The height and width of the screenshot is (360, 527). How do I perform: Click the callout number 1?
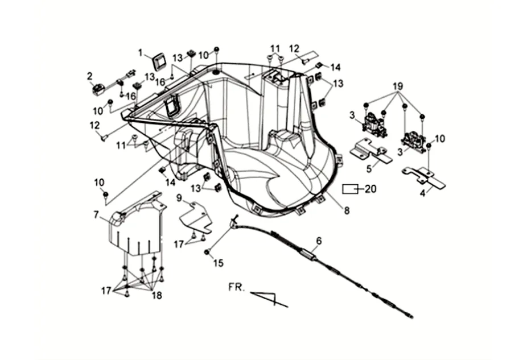click(x=141, y=52)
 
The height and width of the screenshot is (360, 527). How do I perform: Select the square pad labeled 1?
click(x=157, y=59)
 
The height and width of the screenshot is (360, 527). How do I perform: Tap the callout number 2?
click(x=90, y=76)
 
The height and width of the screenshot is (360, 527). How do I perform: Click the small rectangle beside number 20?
click(x=350, y=189)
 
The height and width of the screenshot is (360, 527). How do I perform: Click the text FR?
click(x=236, y=288)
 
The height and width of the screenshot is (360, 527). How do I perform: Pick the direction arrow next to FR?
click(x=270, y=298)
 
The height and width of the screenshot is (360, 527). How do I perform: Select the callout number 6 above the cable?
click(x=319, y=241)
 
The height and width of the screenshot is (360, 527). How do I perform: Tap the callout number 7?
click(x=97, y=214)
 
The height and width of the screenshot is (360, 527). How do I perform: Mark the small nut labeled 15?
click(x=207, y=252)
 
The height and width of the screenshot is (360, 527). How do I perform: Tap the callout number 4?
click(x=422, y=193)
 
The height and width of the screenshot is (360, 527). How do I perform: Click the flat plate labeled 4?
click(x=424, y=176)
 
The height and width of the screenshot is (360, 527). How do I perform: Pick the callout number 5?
click(x=369, y=168)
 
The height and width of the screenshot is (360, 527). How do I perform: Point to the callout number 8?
click(x=346, y=210)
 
